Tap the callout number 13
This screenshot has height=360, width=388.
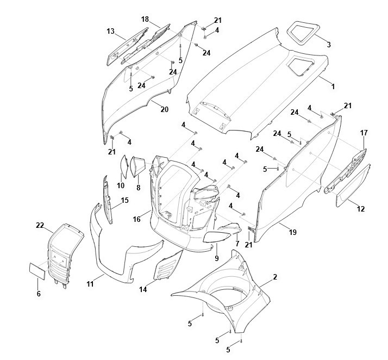click(110, 31)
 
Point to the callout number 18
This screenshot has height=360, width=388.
click(145, 19)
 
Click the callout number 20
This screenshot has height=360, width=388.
click(164, 109)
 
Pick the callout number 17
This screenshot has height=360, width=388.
click(364, 133)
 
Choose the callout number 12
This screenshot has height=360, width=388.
click(360, 208)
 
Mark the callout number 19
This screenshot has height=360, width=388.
click(293, 232)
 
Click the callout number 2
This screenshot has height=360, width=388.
click(275, 277)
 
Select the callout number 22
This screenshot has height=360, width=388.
click(40, 225)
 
